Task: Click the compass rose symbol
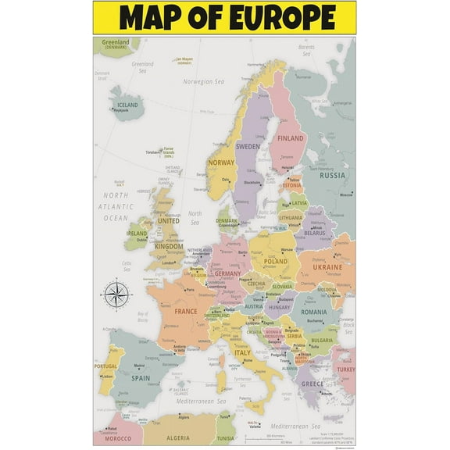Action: click(115, 295)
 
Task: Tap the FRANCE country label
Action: click(186, 311)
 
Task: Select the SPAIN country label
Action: click(141, 378)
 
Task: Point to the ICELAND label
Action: click(127, 105)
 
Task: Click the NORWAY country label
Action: click(221, 162)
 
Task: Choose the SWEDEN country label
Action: click(248, 146)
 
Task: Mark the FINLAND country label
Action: click(291, 138)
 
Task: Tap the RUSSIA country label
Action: click(333, 175)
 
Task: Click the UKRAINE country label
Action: click(327, 267)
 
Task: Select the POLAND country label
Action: click(276, 262)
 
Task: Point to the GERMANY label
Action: click(227, 273)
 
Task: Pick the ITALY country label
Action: click(244, 352)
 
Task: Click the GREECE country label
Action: click(312, 384)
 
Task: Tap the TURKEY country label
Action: click(345, 370)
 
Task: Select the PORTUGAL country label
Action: click(105, 366)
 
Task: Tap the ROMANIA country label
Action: click(313, 312)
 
